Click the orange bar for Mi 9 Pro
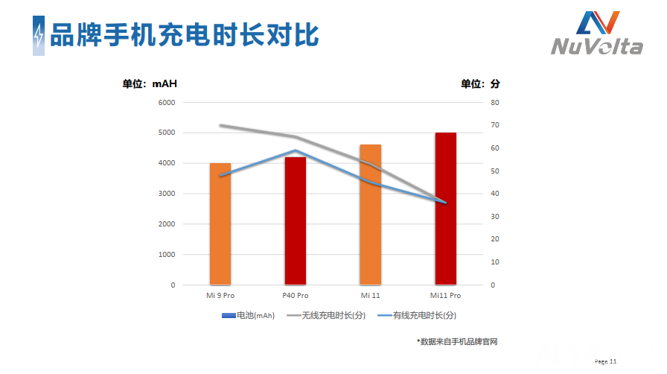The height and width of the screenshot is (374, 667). [x=220, y=224]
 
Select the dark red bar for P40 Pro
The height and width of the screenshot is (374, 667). [x=296, y=221]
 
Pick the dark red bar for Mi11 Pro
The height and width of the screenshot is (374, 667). [x=445, y=209]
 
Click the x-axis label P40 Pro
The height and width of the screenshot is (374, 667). [x=296, y=296]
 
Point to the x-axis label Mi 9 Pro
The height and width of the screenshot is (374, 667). [x=220, y=296]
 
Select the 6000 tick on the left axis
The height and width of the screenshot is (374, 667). [x=166, y=103]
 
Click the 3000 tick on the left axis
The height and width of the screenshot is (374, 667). [x=166, y=194]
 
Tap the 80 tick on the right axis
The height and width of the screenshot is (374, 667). [x=495, y=103]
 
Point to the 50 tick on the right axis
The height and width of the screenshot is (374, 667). [x=495, y=171]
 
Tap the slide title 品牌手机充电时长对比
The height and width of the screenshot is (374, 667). [x=185, y=34]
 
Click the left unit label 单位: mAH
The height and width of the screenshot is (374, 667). [x=150, y=83]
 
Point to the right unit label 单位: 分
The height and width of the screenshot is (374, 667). [x=480, y=83]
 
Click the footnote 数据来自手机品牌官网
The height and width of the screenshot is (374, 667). [x=456, y=341]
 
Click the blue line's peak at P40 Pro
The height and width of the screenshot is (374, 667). [x=296, y=150]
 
